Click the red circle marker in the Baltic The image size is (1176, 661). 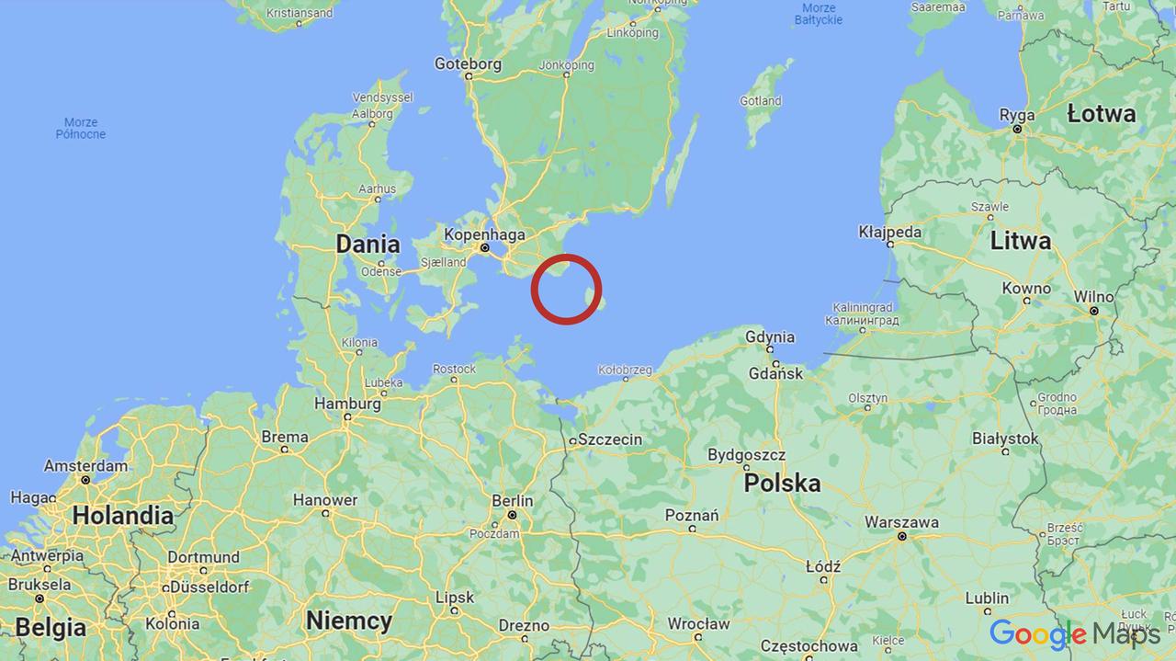coord(566,289)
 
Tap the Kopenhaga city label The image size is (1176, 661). coord(484,234)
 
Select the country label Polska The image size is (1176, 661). coord(782,483)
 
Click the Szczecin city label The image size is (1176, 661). coord(610,439)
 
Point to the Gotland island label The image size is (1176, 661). coord(761,101)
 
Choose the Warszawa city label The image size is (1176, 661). coord(901,522)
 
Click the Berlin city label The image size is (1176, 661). coord(512,500)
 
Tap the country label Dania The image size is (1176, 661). coord(367,244)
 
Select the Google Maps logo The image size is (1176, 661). coord(1073,633)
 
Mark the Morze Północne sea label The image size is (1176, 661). coord(81,128)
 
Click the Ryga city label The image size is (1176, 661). coord(1017,116)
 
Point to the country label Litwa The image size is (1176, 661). coord(1021,241)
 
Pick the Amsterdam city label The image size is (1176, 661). coord(85,466)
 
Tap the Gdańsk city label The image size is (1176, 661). coord(775,372)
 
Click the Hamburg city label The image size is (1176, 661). coord(347,404)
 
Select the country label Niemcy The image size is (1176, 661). coord(349,621)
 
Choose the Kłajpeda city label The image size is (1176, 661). coord(889,232)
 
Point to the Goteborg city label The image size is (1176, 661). coord(468,64)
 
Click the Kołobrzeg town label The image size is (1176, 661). coord(625,370)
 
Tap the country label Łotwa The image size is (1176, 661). coord(1102,114)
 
